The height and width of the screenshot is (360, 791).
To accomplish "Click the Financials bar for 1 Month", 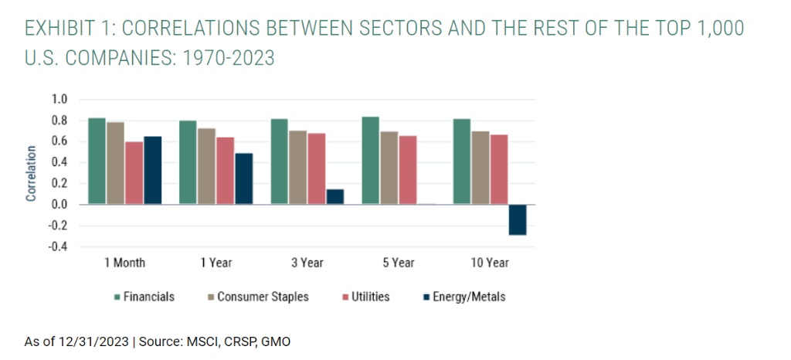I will point(97,161).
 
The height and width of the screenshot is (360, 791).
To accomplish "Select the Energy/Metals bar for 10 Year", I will point(517,219).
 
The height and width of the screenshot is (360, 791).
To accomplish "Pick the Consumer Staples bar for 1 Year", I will point(205,166).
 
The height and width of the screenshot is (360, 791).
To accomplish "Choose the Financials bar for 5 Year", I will point(370,161).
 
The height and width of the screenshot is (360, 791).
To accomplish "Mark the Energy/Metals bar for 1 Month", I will point(152,170).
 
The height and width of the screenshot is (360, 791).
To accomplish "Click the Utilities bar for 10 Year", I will point(498,169).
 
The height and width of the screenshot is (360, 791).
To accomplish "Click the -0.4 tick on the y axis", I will point(59,247).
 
